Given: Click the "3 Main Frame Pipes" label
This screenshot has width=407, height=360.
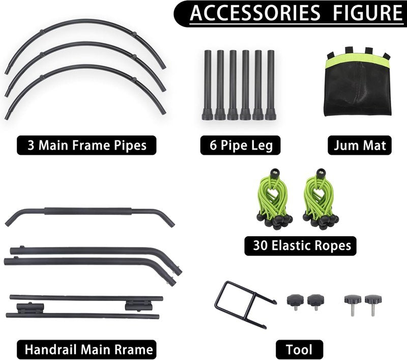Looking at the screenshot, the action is click(86, 145).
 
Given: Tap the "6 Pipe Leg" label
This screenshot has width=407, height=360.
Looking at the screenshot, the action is click(240, 145).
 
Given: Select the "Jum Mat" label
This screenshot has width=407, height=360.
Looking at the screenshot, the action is click(360, 145).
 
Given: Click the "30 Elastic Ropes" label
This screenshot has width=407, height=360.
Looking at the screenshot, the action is click(300, 246).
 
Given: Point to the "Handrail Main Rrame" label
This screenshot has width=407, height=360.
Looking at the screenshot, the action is click(86, 350).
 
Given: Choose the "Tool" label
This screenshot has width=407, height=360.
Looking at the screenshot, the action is click(299, 350).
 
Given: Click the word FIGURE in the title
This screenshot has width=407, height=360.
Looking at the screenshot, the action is click(367, 13).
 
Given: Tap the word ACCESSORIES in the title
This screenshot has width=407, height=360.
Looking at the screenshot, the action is click(255, 13).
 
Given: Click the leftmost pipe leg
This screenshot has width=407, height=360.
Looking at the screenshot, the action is click(208, 85).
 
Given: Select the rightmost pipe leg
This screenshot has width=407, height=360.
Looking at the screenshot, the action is click(271, 85).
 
